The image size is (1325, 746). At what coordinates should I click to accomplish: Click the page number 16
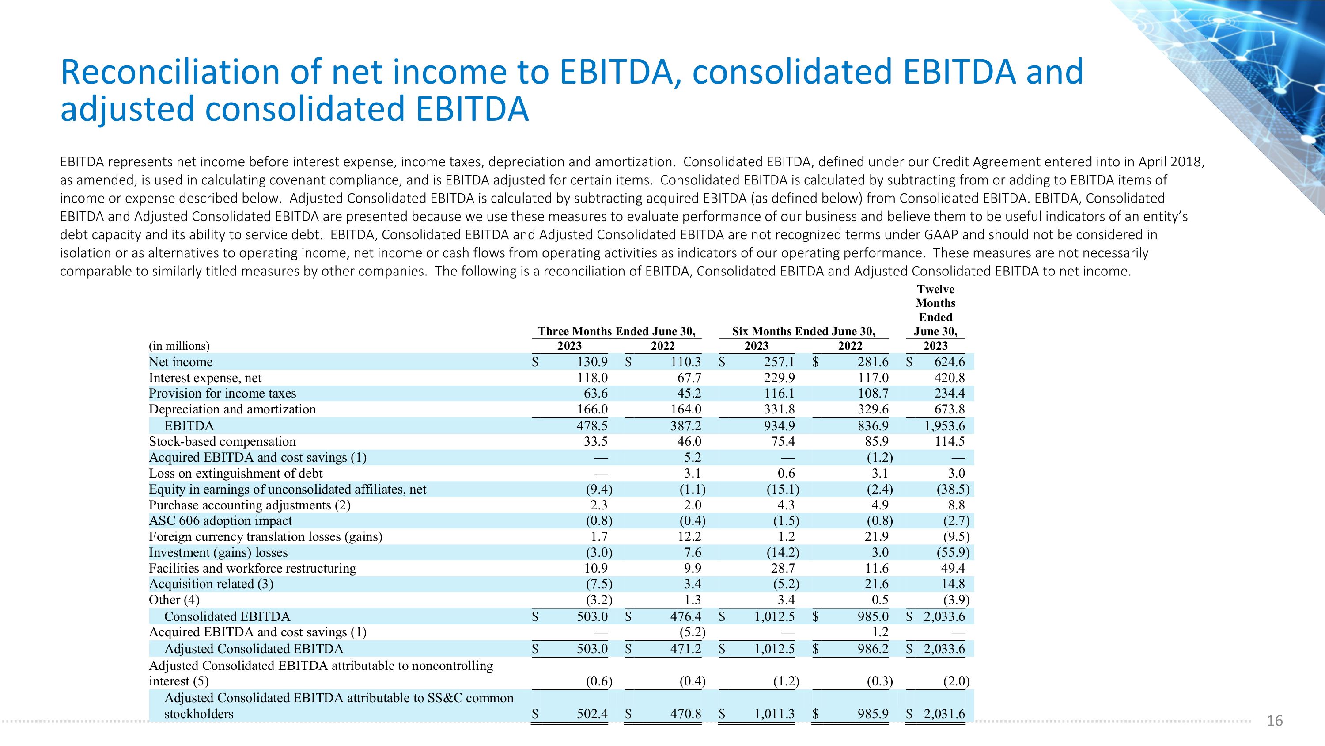tap(1275, 721)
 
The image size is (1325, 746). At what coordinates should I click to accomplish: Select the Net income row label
tap(181, 362)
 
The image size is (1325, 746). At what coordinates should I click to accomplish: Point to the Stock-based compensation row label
tap(222, 442)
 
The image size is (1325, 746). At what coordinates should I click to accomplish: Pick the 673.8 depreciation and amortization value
tap(950, 409)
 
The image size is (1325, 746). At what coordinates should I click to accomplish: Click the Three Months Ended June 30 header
tap(616, 331)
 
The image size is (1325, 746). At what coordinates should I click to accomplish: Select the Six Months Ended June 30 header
tap(803, 331)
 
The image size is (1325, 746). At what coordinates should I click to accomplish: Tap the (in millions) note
tap(179, 346)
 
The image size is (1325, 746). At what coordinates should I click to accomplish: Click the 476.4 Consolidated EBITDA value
tap(685, 616)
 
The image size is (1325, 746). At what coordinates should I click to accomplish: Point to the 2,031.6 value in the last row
tap(944, 714)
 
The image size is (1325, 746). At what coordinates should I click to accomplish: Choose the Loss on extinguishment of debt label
tap(235, 473)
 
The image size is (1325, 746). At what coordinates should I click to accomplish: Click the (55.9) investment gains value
tap(953, 552)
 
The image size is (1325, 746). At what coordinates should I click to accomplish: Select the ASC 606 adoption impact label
tap(220, 520)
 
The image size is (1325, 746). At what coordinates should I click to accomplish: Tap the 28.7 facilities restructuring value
tap(783, 568)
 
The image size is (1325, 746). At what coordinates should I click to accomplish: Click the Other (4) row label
tap(174, 600)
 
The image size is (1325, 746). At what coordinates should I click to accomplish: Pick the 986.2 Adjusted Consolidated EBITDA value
tap(872, 649)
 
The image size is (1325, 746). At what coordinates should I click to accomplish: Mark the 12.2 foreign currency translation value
tap(689, 536)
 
